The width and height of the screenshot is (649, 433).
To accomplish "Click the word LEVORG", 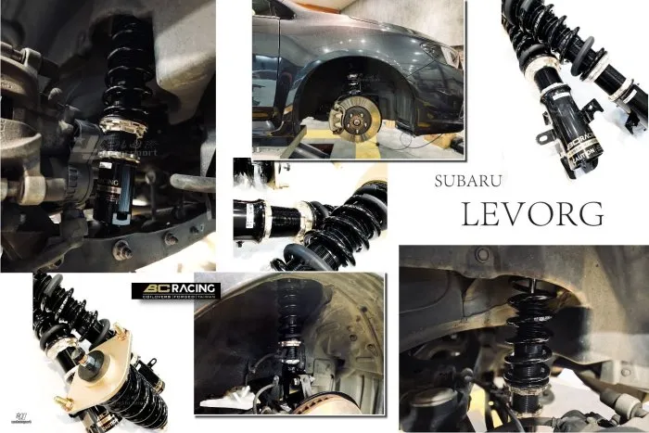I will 532,214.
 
